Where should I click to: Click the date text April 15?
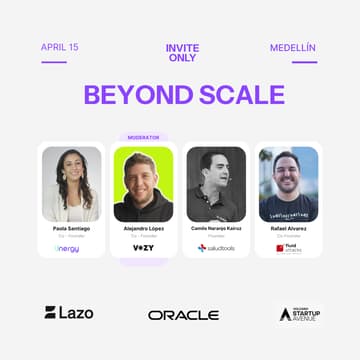coord(60,47)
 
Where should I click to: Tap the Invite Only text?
coord(181,53)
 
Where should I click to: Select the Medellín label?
coord(294,47)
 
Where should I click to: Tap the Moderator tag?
coord(143,137)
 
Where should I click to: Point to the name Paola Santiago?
coord(71,228)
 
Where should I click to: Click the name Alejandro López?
coord(143,228)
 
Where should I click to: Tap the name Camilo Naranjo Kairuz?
coord(216,228)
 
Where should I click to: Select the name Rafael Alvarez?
coord(288,228)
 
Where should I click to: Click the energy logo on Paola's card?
coord(68,247)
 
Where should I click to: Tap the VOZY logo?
coord(143,247)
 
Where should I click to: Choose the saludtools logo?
coord(216,247)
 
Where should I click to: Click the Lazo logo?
coord(69,312)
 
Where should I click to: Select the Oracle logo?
coord(183,314)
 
